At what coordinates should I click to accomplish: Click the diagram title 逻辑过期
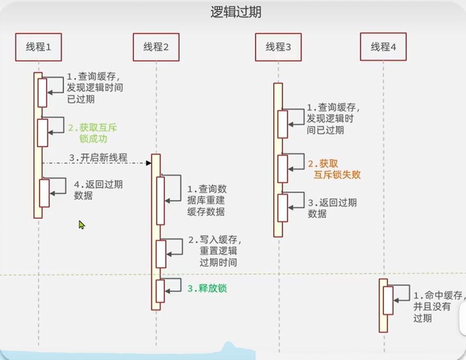point(236,12)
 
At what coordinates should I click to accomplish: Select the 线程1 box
point(39,47)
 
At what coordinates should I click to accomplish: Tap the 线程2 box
point(156,47)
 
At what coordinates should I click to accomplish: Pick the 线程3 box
point(278,47)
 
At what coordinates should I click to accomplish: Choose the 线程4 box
point(383,47)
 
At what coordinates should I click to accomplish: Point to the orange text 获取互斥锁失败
point(334,169)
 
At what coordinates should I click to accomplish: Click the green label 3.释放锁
point(207,289)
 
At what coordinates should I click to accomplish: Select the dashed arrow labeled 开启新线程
point(96,163)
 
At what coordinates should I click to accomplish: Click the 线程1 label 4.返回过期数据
point(98,190)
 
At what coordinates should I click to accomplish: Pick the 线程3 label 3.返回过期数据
point(332,208)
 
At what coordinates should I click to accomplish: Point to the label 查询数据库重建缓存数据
point(206,200)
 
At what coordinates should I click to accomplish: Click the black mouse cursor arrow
point(81,224)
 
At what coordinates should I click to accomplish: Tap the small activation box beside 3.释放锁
point(160,291)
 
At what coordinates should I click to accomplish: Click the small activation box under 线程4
point(388,300)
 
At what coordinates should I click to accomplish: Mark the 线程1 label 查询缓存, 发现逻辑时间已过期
point(95,88)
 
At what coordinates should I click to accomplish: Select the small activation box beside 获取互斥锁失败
point(282,168)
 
